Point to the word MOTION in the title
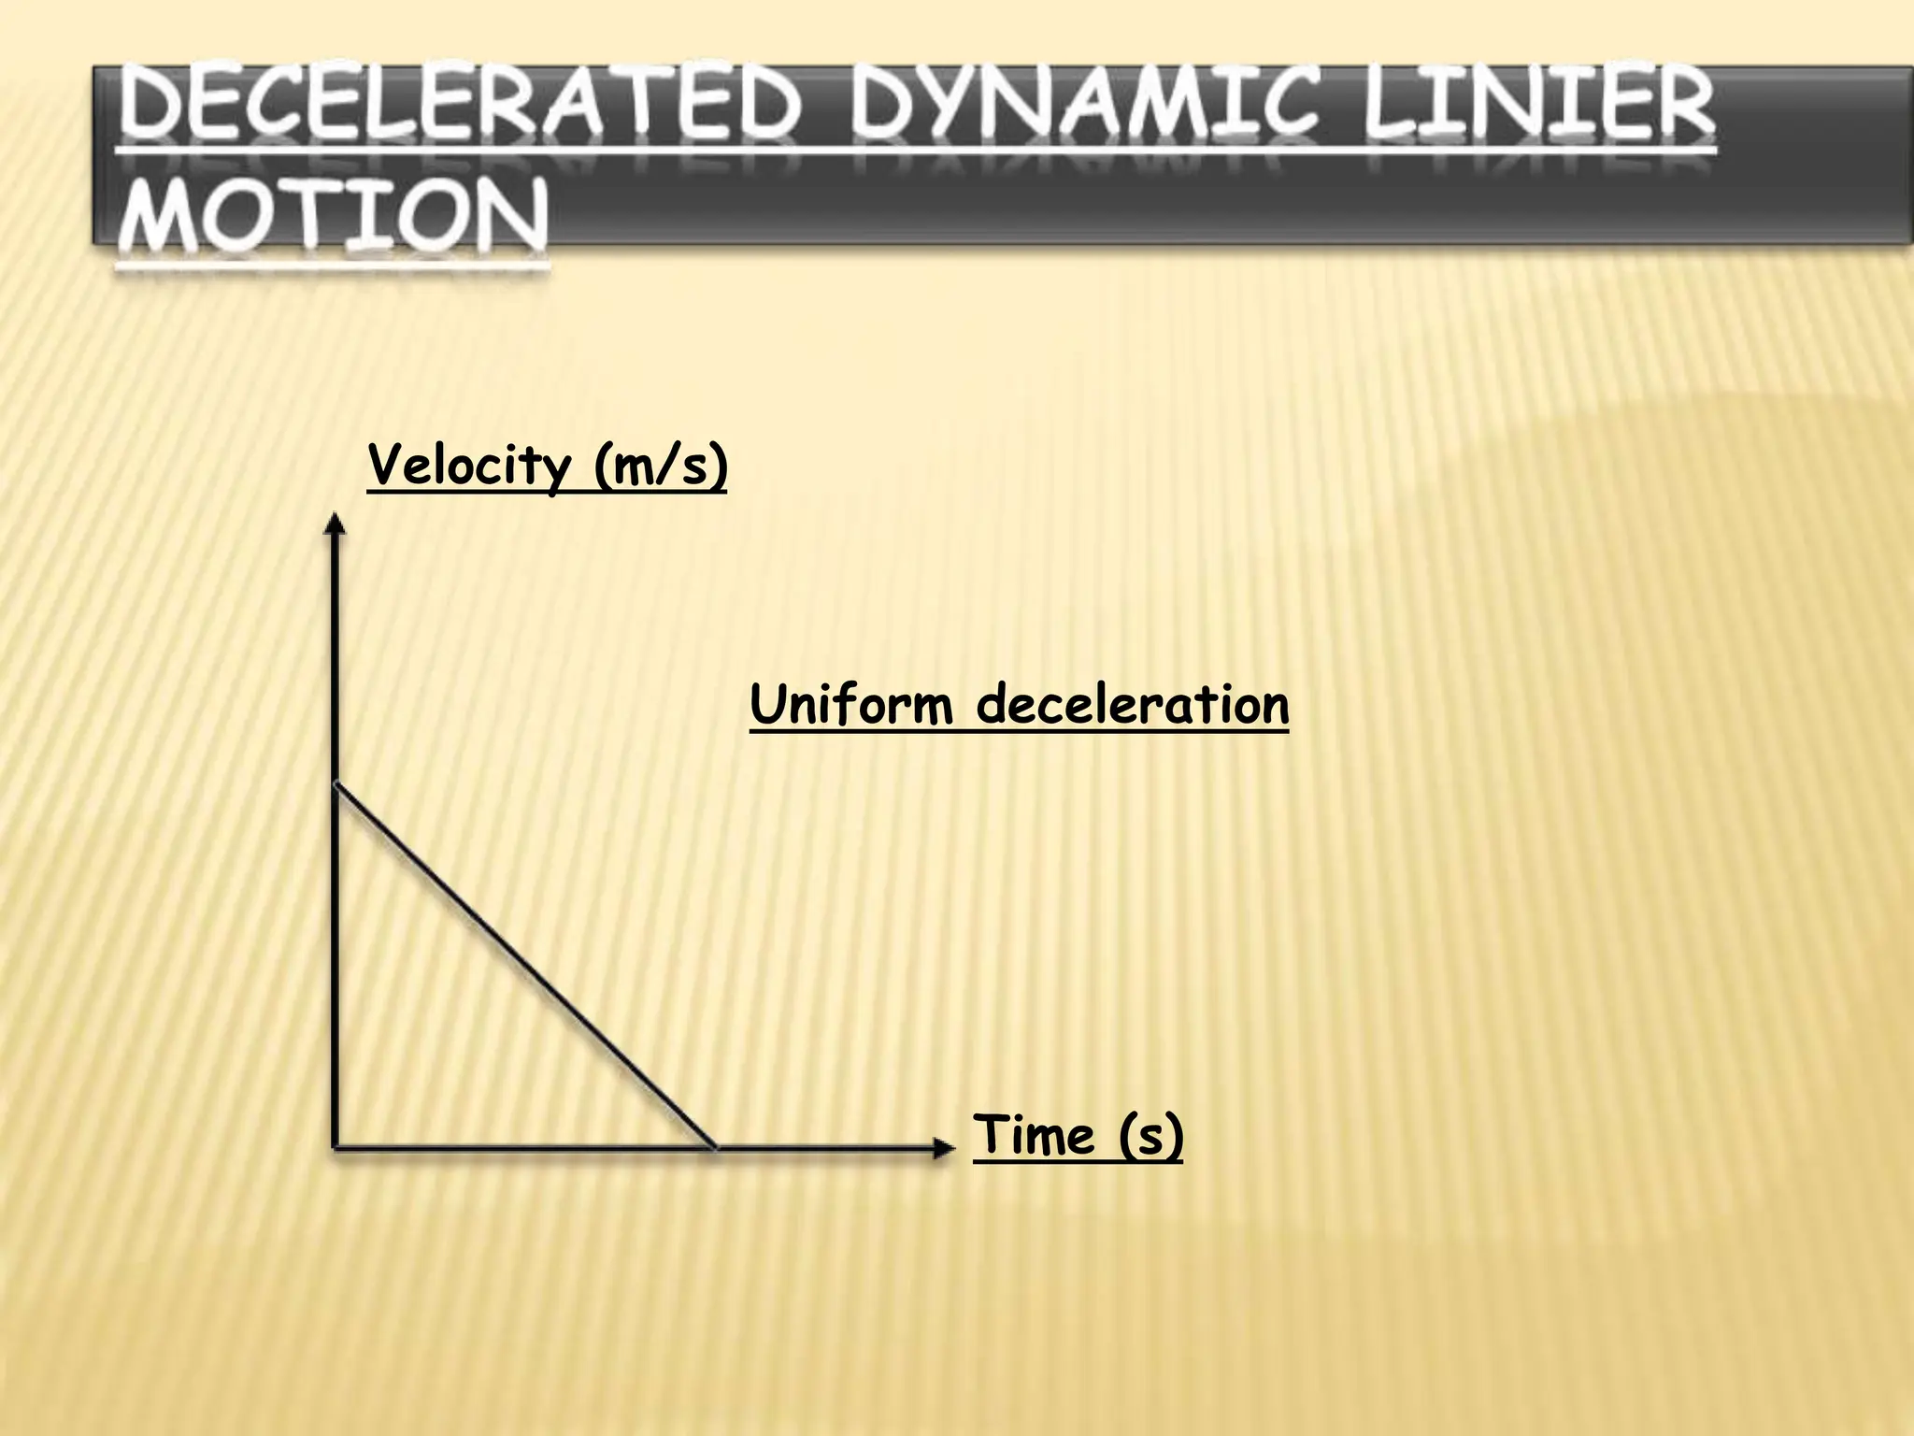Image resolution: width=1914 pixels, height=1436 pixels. [x=333, y=217]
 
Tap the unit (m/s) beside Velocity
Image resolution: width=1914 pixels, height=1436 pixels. [x=660, y=465]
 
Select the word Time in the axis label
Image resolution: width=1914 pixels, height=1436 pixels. [x=1034, y=1135]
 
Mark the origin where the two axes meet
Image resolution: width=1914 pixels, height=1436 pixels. [x=335, y=1146]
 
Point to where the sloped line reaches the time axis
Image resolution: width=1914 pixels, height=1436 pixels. [x=715, y=1146]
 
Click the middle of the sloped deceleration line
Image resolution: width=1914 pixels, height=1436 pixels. [x=524, y=966]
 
